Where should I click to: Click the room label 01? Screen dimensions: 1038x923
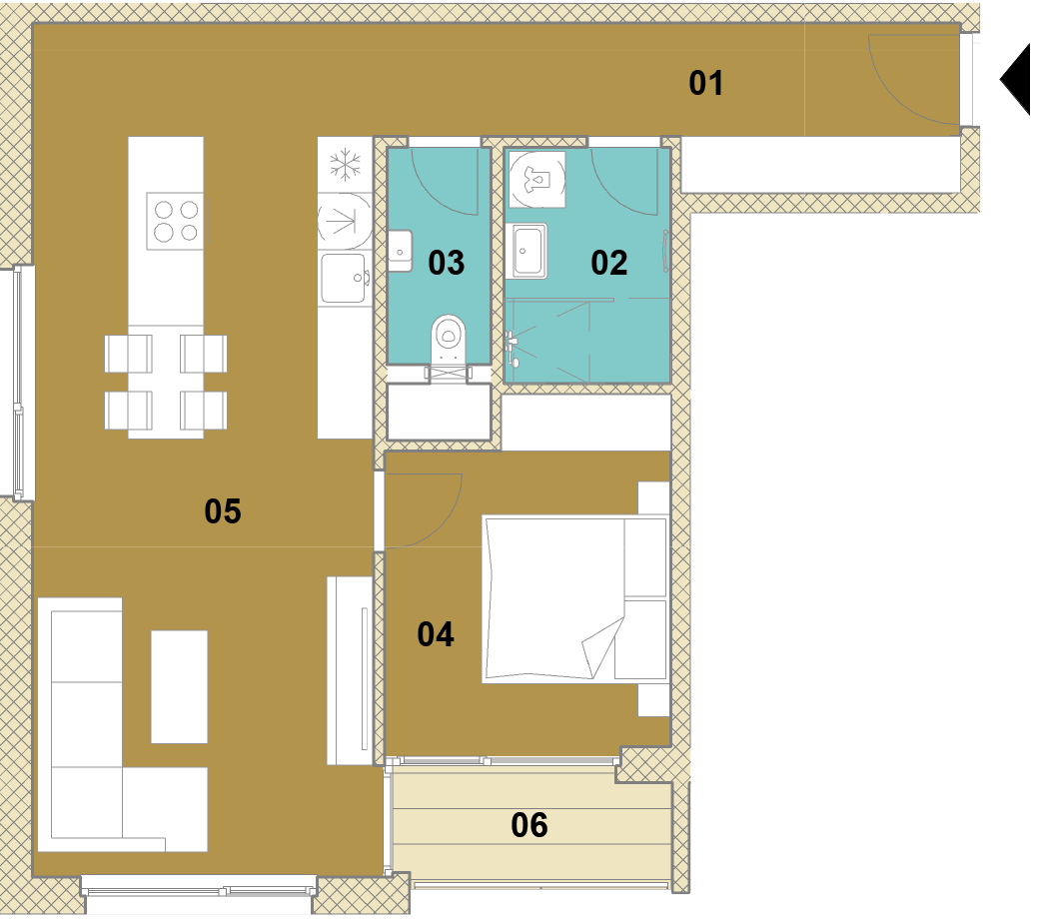pos(705,84)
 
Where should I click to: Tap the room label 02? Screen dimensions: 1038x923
pos(609,263)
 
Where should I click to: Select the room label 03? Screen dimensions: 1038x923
pos(447,263)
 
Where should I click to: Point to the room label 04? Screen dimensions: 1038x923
pos(436,634)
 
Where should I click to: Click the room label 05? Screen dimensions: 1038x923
pos(223,511)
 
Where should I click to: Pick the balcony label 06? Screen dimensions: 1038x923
pos(529,825)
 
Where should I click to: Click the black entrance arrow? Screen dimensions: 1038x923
pos(1015,80)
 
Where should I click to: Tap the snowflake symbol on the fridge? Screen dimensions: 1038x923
pos(345,165)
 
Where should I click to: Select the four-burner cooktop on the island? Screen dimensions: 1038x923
pos(175,221)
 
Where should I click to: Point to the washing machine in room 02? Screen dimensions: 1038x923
pos(536,180)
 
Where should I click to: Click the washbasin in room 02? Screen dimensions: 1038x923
pos(528,251)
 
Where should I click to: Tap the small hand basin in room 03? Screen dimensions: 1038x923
pos(400,251)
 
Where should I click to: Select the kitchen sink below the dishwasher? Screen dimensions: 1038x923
pos(345,278)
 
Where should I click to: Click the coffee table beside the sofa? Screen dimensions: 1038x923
pos(180,686)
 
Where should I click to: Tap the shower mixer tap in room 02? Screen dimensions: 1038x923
pos(512,349)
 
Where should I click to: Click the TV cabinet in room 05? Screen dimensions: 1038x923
pos(351,670)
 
